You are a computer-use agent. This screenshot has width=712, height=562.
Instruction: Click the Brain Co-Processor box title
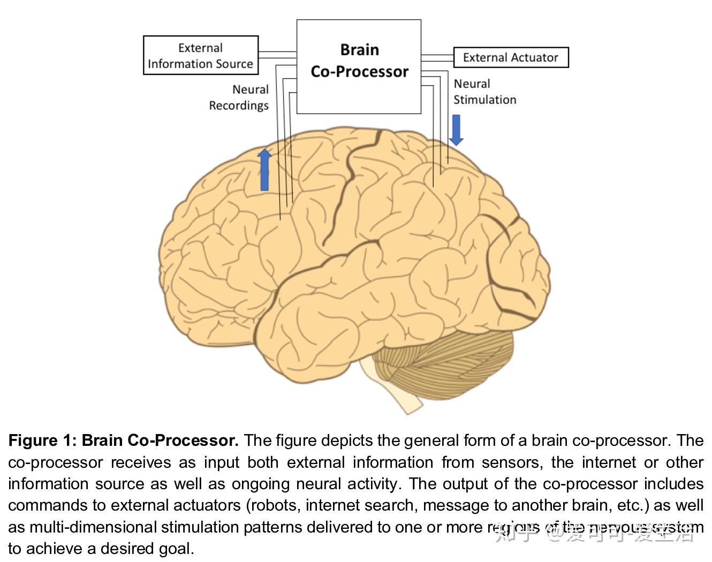(359, 60)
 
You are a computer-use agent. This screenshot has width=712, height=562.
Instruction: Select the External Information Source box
(201, 55)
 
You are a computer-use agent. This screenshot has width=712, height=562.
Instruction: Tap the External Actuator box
(510, 57)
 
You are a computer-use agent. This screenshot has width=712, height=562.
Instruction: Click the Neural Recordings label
(239, 97)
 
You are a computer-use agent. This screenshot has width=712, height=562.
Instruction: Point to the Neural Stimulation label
(484, 92)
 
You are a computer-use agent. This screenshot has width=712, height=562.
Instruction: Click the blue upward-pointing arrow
(264, 170)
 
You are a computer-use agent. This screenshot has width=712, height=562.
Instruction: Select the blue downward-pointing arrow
(456, 130)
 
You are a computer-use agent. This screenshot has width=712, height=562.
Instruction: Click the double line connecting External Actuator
(437, 57)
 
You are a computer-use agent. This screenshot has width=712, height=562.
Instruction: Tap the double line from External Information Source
(277, 55)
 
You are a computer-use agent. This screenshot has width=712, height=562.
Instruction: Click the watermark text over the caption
(594, 532)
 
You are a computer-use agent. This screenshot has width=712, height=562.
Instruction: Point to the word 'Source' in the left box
(231, 64)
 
